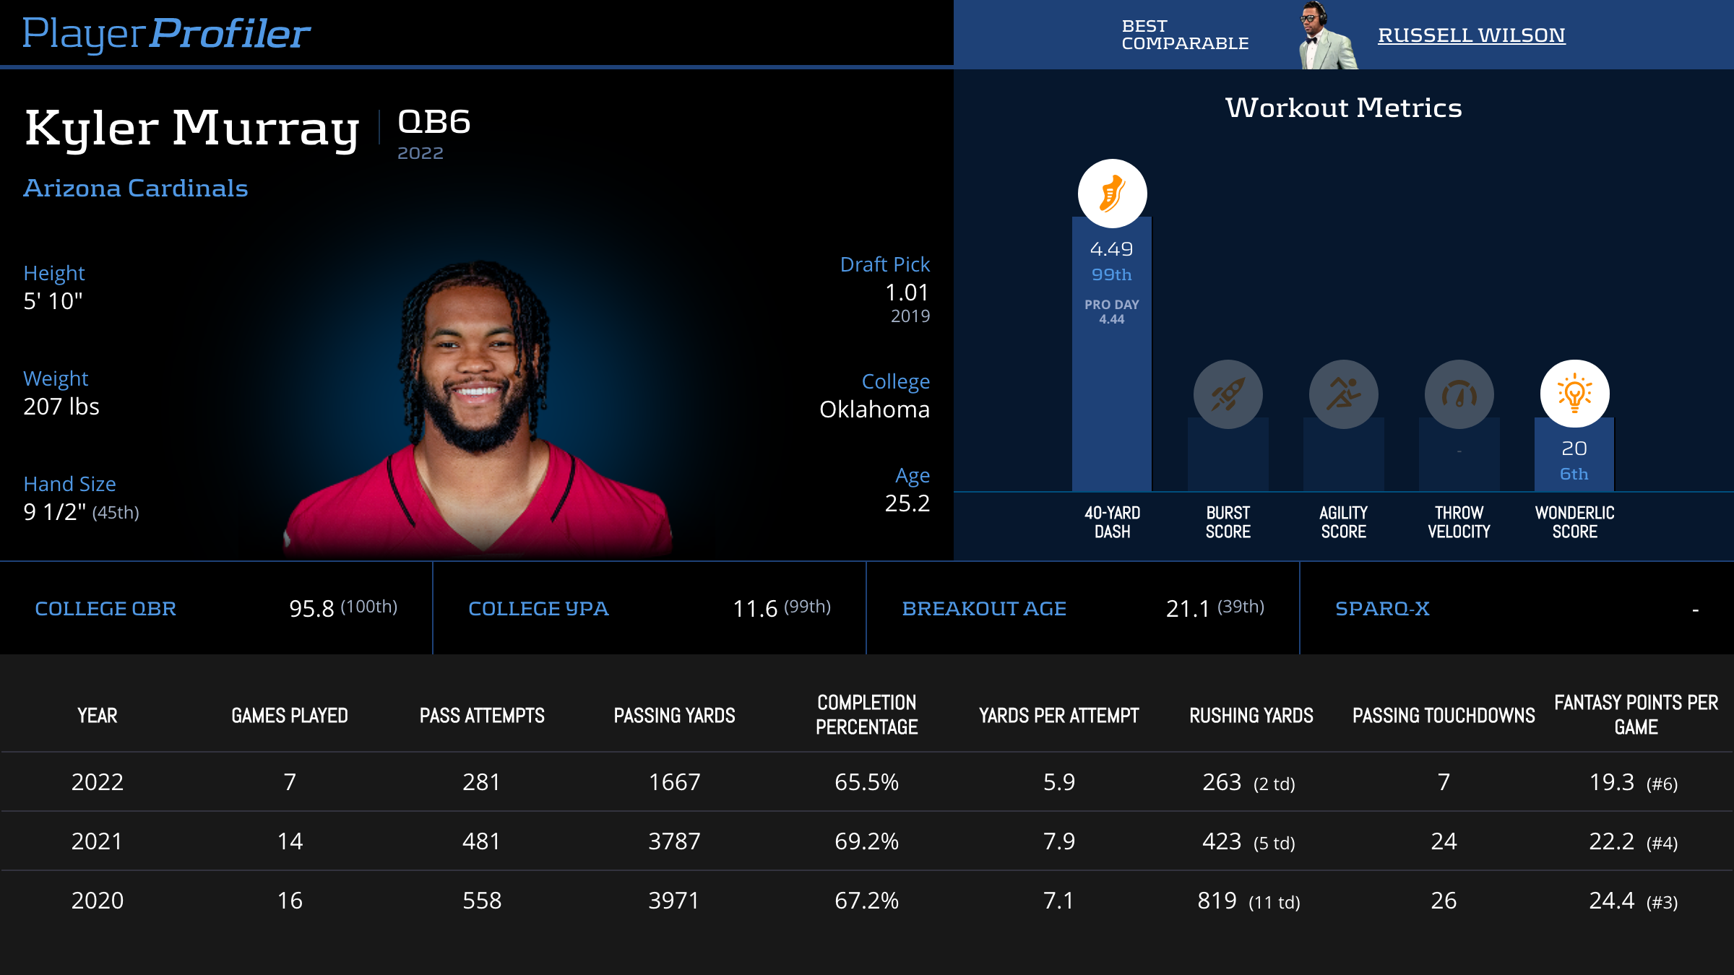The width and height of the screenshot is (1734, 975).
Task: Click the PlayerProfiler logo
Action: click(x=166, y=34)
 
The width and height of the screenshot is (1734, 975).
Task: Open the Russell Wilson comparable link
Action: click(x=1471, y=35)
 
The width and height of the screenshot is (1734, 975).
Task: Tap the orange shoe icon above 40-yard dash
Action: click(x=1112, y=194)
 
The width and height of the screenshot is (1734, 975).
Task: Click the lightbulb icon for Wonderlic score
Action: click(x=1574, y=394)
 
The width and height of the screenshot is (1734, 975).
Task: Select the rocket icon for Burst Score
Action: click(x=1228, y=394)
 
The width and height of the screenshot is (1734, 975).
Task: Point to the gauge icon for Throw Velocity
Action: click(x=1459, y=394)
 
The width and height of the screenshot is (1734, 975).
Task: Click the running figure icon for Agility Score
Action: click(x=1343, y=394)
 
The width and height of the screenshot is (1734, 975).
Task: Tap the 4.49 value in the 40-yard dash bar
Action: click(x=1111, y=249)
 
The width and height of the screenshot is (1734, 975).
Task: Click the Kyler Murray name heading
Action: click(x=192, y=129)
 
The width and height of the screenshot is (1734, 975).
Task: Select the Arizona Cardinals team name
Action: click(x=136, y=188)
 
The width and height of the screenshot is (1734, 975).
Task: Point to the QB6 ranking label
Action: click(x=434, y=122)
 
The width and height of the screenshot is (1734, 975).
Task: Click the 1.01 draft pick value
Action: click(x=907, y=292)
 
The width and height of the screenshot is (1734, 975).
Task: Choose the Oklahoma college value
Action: click(x=874, y=409)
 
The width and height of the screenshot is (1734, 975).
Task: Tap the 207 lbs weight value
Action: click(x=61, y=407)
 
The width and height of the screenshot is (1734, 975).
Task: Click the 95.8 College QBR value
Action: click(x=311, y=609)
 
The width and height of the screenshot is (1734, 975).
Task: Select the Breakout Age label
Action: click(x=984, y=609)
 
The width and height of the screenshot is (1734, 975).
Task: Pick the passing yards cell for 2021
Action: click(x=674, y=841)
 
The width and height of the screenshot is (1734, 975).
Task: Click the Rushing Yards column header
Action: click(x=1251, y=716)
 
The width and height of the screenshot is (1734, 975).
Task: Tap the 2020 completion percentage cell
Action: click(x=866, y=901)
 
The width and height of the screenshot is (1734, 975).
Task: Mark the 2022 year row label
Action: click(x=98, y=782)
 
